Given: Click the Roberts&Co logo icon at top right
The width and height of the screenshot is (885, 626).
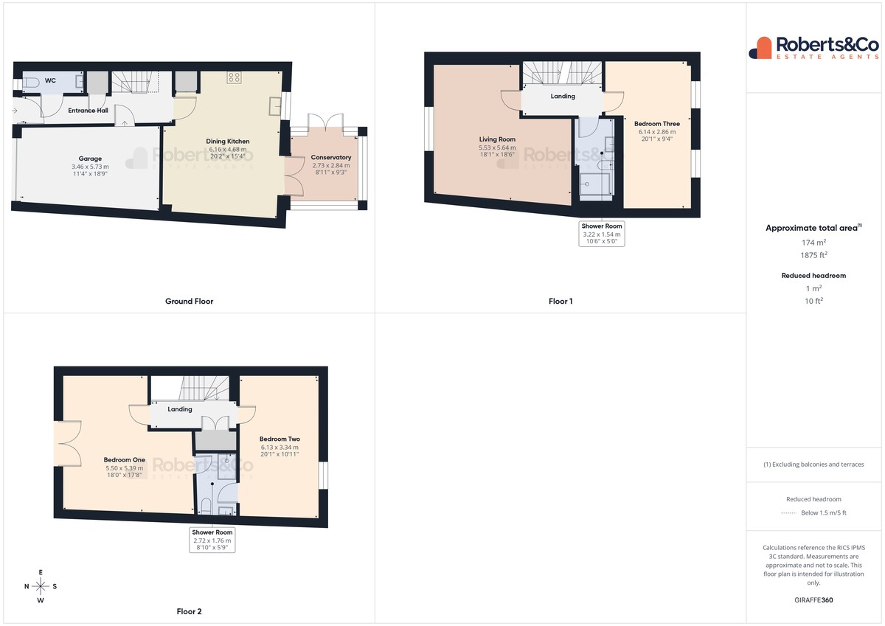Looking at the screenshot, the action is (x=760, y=48).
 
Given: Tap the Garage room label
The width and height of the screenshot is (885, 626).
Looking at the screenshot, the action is (x=90, y=159).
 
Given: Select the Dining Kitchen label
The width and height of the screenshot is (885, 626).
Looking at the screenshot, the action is (x=228, y=141).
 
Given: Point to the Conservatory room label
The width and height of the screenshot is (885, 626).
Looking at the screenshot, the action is (x=331, y=157).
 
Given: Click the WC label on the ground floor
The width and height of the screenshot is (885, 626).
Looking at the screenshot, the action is (x=50, y=80).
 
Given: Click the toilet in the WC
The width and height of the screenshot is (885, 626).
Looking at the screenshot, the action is (x=30, y=83).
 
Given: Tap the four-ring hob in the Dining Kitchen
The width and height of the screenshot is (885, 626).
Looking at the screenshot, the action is (x=234, y=77).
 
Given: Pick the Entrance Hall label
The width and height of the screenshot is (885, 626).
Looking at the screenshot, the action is (x=88, y=111).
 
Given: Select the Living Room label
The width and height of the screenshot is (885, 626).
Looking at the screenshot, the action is (x=497, y=139).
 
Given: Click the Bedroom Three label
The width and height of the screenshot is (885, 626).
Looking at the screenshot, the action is (x=657, y=124).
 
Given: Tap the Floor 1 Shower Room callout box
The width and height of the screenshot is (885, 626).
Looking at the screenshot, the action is (x=602, y=234).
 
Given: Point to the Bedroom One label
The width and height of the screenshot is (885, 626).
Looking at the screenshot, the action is (x=125, y=459).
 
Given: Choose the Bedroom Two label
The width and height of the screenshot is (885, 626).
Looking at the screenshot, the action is (x=280, y=439).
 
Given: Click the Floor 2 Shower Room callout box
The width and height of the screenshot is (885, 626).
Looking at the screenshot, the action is (x=212, y=540).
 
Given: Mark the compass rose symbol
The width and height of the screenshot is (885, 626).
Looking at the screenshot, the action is (x=41, y=586).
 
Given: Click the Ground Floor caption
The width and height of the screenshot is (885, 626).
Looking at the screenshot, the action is (x=190, y=301).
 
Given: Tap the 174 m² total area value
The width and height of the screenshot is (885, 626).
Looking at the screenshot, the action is (x=814, y=243).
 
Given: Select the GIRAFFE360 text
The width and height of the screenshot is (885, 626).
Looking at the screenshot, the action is (x=814, y=600).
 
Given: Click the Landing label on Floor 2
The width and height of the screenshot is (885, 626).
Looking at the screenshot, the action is (x=180, y=409).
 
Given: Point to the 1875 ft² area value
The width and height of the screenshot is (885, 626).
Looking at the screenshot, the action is (x=814, y=255).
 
